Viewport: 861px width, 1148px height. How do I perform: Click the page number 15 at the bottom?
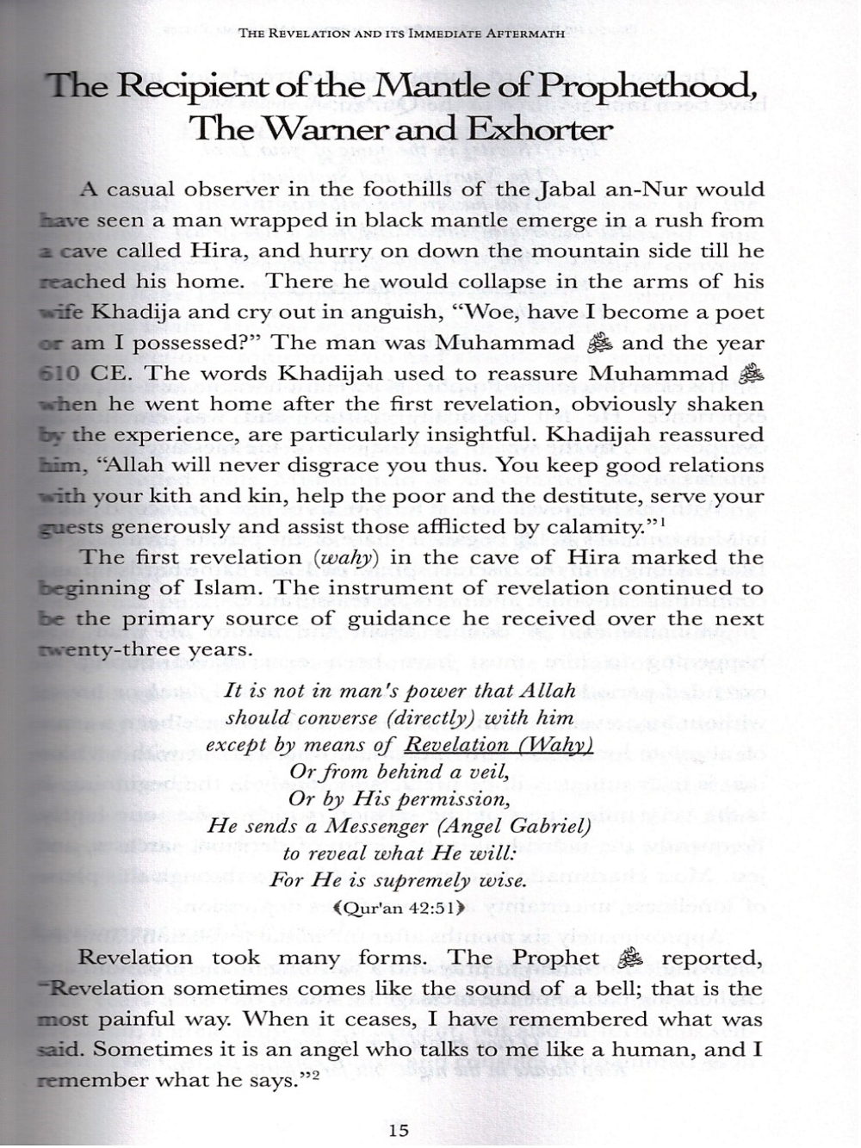(399, 1131)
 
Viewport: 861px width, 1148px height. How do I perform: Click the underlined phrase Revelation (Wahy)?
(499, 745)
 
